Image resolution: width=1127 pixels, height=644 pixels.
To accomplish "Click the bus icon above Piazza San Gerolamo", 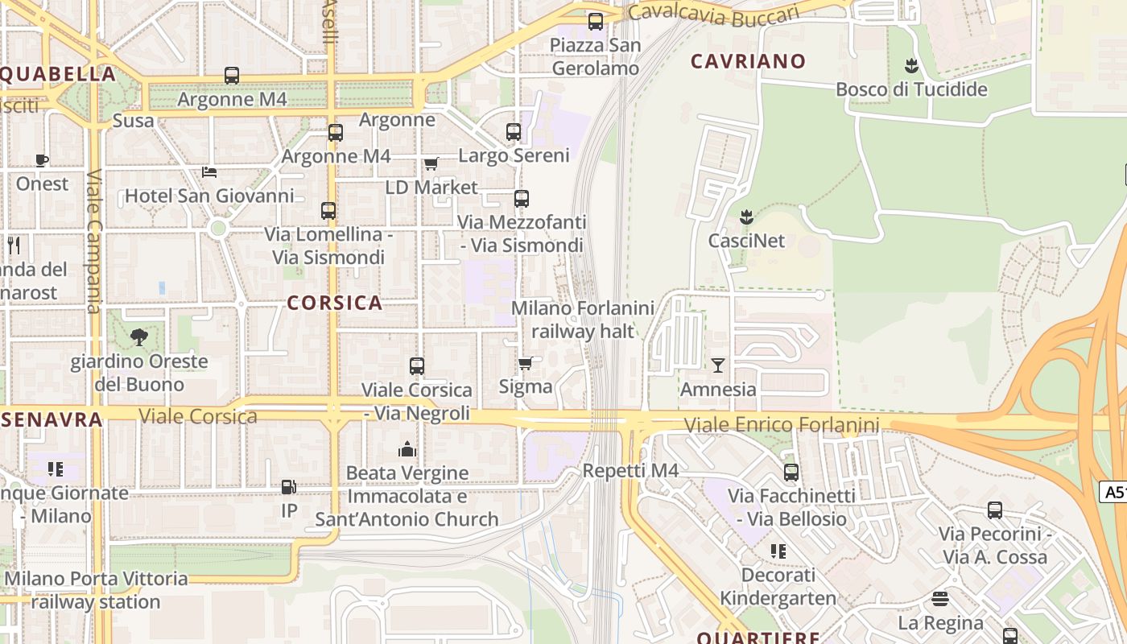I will pyautogui.click(x=596, y=22).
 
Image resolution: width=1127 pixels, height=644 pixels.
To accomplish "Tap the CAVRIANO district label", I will pyautogui.click(x=748, y=61).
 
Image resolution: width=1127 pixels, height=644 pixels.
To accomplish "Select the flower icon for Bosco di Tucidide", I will pyautogui.click(x=911, y=65).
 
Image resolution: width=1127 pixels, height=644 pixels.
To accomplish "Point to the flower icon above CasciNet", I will pyautogui.click(x=746, y=217).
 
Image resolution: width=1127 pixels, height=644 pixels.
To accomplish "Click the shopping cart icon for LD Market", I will pyautogui.click(x=431, y=163).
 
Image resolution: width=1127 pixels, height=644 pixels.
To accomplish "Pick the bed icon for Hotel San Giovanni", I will pyautogui.click(x=209, y=172).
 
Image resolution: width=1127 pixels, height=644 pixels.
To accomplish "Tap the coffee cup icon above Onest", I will pyautogui.click(x=42, y=160).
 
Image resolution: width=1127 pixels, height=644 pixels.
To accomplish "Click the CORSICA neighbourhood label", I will pyautogui.click(x=334, y=303).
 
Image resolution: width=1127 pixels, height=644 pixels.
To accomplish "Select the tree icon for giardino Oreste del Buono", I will pyautogui.click(x=139, y=336).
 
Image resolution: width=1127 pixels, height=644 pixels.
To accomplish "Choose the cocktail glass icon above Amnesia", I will pyautogui.click(x=718, y=365).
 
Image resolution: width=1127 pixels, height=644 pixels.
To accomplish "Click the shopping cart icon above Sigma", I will pyautogui.click(x=526, y=363).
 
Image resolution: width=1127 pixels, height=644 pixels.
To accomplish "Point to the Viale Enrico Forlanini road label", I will pyautogui.click(x=781, y=424).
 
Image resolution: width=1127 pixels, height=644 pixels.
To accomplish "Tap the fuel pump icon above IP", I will pyautogui.click(x=288, y=487).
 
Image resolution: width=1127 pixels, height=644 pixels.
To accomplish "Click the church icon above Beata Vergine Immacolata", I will pyautogui.click(x=407, y=449).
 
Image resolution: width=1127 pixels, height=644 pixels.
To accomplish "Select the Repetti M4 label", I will pyautogui.click(x=630, y=471).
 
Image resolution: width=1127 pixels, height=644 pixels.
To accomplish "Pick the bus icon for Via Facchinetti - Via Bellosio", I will pyautogui.click(x=791, y=473).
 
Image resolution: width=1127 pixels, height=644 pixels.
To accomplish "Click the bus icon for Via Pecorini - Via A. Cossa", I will pyautogui.click(x=995, y=510).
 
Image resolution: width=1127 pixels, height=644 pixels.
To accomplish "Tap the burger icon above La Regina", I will pyautogui.click(x=940, y=599).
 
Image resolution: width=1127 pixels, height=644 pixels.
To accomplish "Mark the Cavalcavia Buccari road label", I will pyautogui.click(x=713, y=13).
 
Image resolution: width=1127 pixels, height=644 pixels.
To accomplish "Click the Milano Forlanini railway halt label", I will pyautogui.click(x=583, y=320).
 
